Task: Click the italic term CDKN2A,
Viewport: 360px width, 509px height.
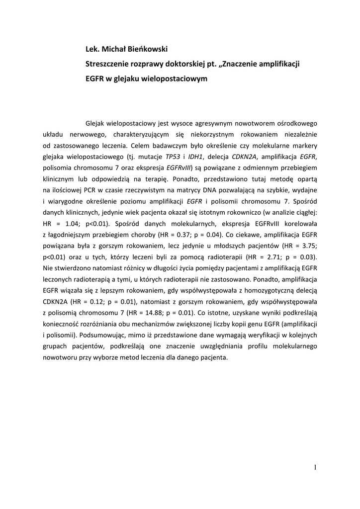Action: tap(246, 157)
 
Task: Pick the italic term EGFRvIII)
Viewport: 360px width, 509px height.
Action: tap(179, 169)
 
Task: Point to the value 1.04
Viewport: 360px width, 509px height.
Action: tap(73, 223)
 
